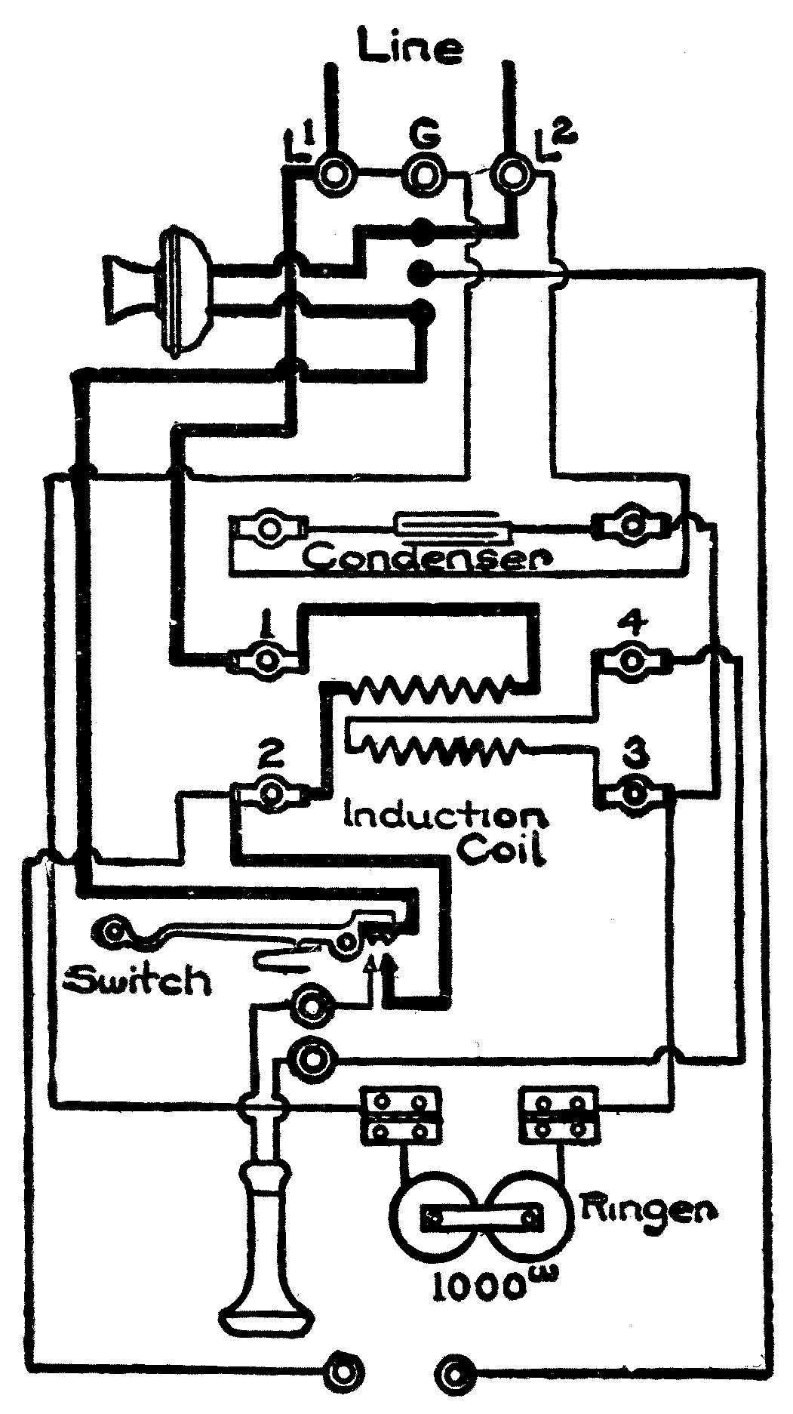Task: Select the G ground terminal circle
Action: tap(423, 174)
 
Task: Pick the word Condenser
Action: tap(428, 557)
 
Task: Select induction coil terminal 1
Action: tap(266, 660)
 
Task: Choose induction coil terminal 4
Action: tap(631, 659)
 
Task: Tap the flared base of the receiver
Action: tap(265, 1314)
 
